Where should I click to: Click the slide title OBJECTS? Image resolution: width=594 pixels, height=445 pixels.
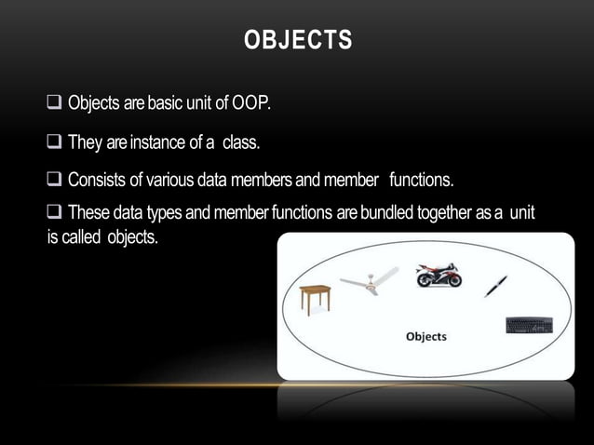coord(297,41)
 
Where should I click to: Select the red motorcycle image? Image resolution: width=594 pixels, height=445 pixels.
coord(439,275)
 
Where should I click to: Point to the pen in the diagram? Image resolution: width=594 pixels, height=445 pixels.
coord(495,286)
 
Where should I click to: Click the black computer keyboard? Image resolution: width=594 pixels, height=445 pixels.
coord(529,325)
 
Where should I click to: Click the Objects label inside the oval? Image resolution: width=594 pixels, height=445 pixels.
coord(425,336)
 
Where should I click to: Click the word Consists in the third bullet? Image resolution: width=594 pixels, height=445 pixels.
coord(99,179)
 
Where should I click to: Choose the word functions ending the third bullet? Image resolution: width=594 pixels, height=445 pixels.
coord(421,179)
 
